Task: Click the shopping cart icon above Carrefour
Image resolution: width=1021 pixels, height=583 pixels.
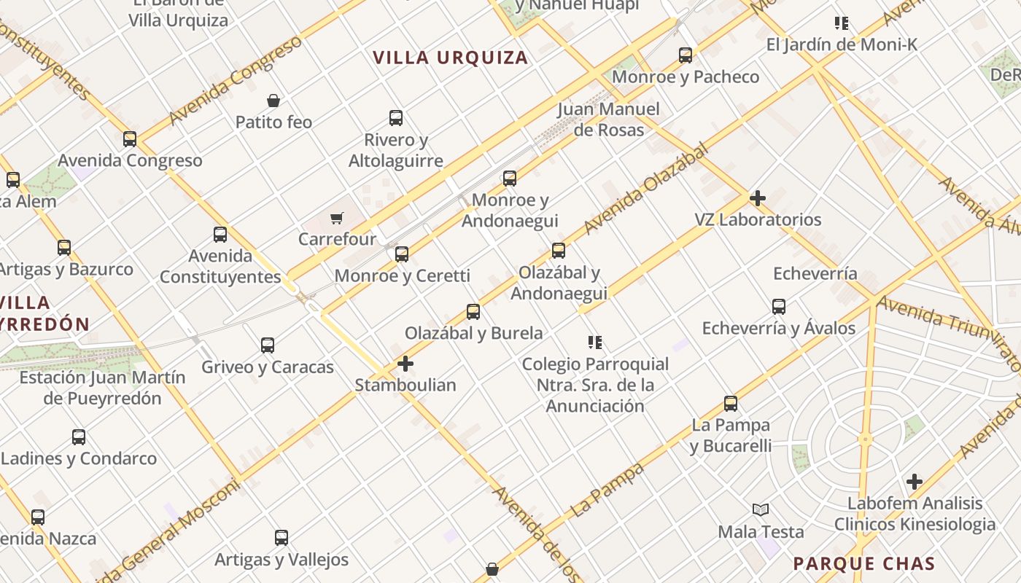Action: pos(336,218)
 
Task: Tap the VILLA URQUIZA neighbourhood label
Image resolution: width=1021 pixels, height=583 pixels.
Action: pos(450,58)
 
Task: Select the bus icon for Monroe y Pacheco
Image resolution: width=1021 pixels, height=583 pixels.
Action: pos(685,55)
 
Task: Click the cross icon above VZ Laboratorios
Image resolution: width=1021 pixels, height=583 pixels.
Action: pos(758,197)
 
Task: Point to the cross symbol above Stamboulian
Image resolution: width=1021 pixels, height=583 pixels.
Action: pos(405,363)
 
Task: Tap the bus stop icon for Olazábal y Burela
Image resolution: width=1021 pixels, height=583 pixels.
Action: pos(473,312)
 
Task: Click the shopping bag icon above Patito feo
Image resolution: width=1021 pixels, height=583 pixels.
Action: pos(273,100)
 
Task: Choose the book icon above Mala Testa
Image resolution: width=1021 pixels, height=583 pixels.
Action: pos(761,510)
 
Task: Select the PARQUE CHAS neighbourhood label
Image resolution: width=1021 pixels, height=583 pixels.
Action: pos(863,563)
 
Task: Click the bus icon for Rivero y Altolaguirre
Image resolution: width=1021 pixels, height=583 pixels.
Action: pos(396,118)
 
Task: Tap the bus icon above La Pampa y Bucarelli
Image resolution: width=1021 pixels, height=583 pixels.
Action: pos(731,403)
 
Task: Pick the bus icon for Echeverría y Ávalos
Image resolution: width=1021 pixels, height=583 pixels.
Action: pos(779,306)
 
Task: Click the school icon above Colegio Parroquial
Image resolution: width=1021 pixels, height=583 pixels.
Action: pos(595,342)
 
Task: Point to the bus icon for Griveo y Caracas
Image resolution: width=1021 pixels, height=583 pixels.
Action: pos(268,345)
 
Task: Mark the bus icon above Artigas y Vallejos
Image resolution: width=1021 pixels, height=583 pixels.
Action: pos(282,538)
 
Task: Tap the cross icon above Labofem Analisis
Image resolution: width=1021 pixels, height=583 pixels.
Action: pos(915,481)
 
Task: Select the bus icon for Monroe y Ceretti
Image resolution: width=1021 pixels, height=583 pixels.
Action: pos(402,254)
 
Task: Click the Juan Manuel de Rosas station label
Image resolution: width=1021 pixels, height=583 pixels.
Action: pos(608,120)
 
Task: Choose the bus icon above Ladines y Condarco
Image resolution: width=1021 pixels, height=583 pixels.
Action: pos(79,437)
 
